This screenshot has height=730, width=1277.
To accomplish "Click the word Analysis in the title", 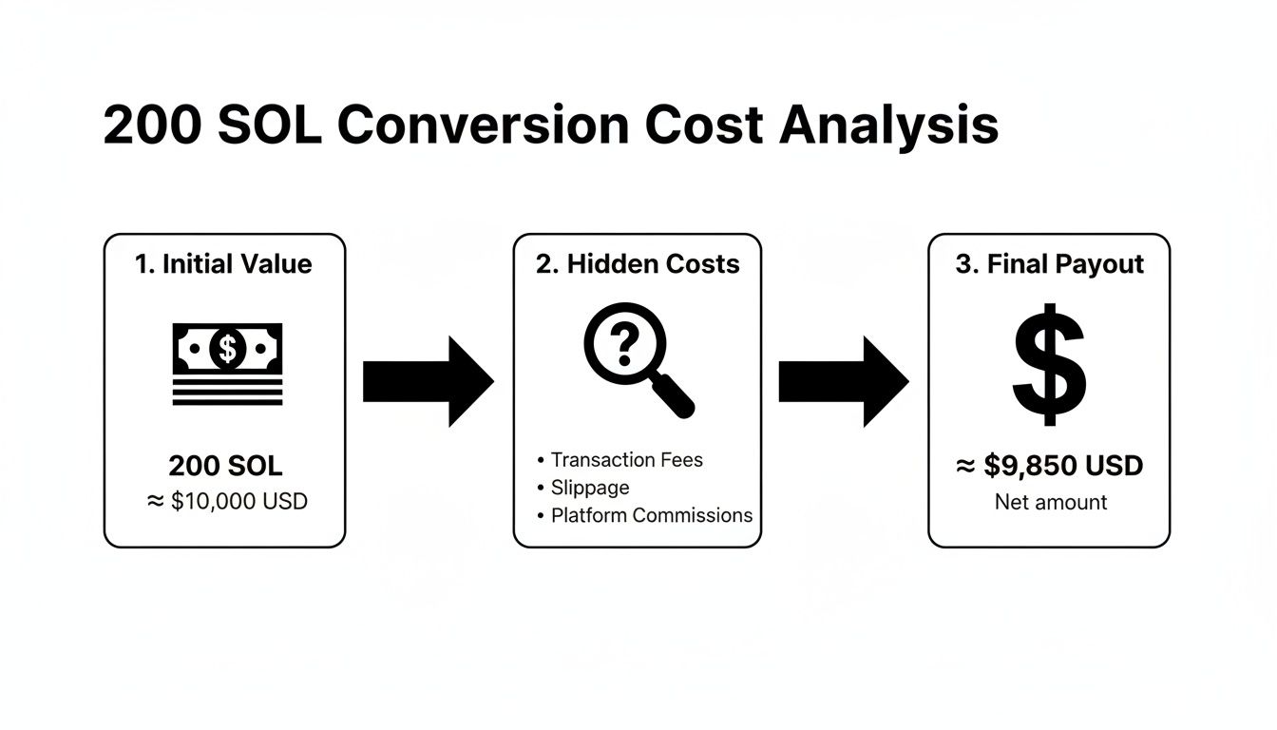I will coord(888,126).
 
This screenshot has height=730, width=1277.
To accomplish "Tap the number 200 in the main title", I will coord(152,126).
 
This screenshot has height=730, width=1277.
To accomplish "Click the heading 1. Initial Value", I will coord(224,264).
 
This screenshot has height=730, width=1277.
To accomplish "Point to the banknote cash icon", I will coord(227,363).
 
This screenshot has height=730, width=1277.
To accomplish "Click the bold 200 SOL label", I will coord(225,466).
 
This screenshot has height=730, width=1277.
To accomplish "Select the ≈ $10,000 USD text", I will coord(227,501).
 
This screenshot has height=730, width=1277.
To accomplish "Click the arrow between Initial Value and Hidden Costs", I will coord(429,381).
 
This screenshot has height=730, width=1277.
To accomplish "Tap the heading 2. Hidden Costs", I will coord(638,264).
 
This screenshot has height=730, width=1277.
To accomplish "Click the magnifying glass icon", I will coord(633,357).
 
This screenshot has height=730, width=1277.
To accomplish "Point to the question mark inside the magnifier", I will coord(623,344).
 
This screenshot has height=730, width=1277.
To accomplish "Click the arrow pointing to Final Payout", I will coord(844,381).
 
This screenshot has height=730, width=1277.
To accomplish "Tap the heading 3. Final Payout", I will coord(1050,264).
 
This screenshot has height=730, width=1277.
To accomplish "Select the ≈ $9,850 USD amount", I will coord(1049,466).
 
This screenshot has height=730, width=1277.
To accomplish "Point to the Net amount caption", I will coord(1051,502).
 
